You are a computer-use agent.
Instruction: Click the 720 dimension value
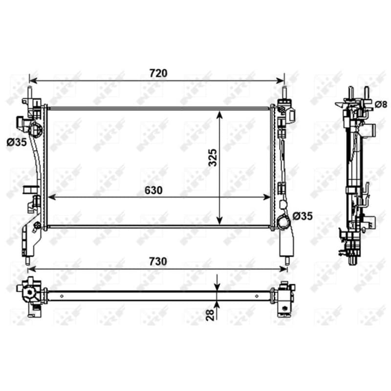pos(158,73)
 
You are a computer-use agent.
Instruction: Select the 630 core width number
pos(153,190)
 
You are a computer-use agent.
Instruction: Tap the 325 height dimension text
pos(213,157)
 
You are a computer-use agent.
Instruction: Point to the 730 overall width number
pos(158,261)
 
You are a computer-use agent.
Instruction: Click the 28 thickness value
pos(210,315)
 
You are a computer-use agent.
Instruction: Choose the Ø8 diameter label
pos(381,105)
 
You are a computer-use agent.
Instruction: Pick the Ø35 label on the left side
pos(17,142)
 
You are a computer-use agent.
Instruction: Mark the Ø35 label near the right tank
pos(303,216)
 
